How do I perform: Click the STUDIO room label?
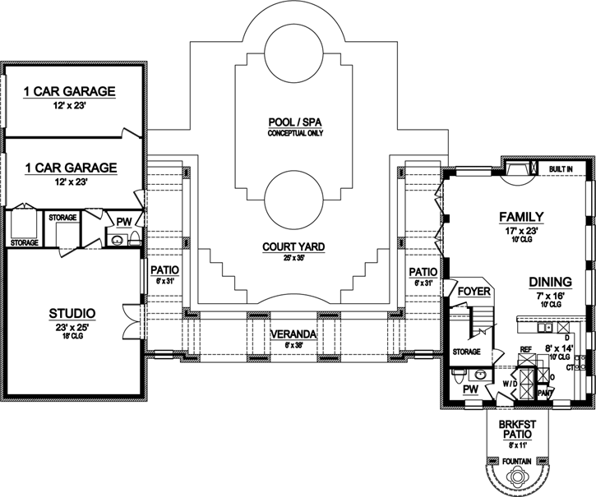(x=72, y=313)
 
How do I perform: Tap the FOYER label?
(x=474, y=292)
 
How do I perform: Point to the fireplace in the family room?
(x=515, y=168)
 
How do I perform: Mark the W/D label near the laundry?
(x=510, y=382)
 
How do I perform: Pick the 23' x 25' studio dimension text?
(x=72, y=326)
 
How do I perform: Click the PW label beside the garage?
(x=124, y=221)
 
